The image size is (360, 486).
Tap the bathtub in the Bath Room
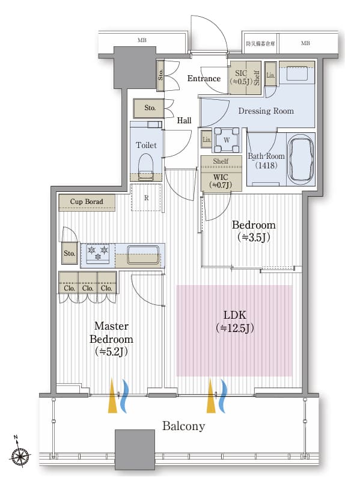301,159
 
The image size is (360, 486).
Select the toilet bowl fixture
145,167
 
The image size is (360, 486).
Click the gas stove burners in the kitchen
98,253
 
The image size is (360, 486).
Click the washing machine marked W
227,140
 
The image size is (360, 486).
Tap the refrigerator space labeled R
146,198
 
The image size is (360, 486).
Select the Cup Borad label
87,201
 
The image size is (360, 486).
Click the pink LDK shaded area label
235,321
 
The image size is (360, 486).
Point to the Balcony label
184,426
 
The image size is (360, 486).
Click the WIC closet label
221,181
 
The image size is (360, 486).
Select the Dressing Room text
266,111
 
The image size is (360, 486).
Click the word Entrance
204,78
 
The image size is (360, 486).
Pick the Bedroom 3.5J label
254,231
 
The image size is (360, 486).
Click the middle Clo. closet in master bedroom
88,283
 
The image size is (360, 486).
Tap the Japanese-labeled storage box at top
261,43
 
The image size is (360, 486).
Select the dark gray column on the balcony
135,448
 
